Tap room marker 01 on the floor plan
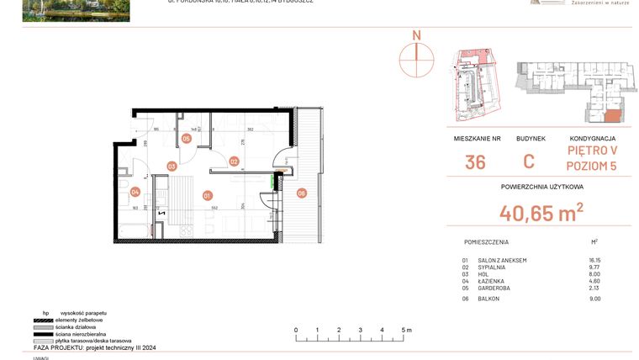pos(207,195)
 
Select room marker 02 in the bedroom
pos(234,161)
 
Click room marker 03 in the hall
pos(171,167)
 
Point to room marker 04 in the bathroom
pos(135,193)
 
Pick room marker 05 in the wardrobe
pos(186,140)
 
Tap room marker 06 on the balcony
pos(302,193)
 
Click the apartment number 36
pos(475,162)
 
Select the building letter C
pos(528,162)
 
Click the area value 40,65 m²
pos(542,214)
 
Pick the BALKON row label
pos(488,298)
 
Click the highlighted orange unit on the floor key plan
pos(613,115)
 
